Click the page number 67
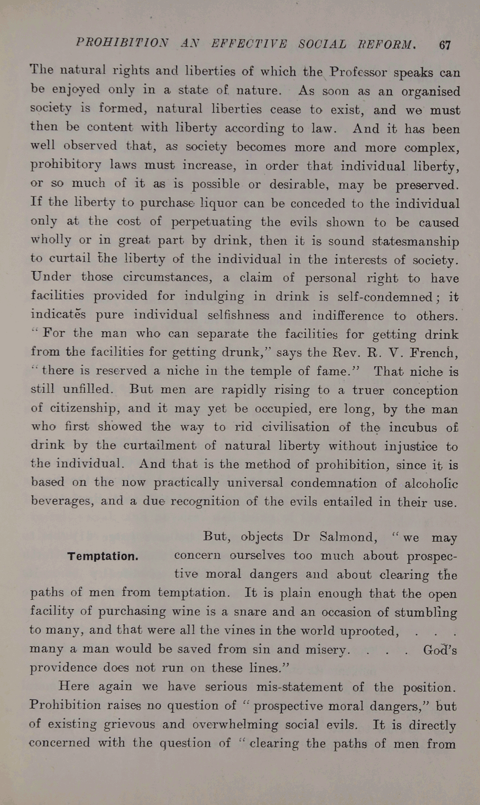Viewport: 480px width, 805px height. pyautogui.click(x=445, y=45)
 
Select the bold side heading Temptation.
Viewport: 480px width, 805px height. pyautogui.click(x=103, y=556)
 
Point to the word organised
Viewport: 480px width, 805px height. pyautogui.click(x=430, y=92)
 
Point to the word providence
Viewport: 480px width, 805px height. pyautogui.click(x=63, y=668)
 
